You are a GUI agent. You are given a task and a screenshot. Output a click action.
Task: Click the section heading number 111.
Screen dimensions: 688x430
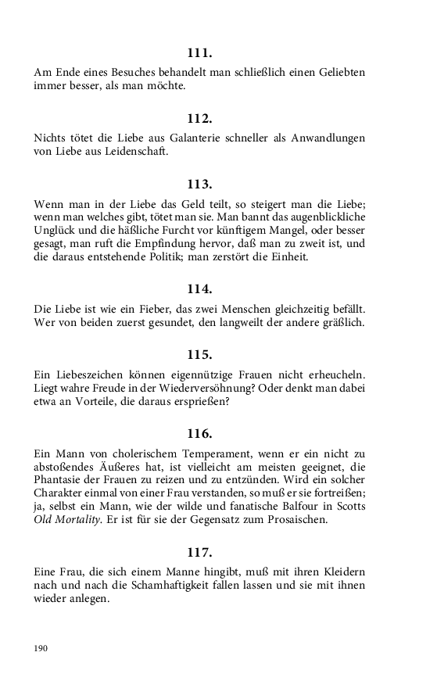pyautogui.click(x=200, y=53)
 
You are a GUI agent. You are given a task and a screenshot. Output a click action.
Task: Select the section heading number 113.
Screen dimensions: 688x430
pyautogui.click(x=200, y=185)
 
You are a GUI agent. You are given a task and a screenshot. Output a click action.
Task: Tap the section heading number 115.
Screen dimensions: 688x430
pyautogui.click(x=200, y=353)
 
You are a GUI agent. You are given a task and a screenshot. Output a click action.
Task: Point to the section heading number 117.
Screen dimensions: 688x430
pyautogui.click(x=200, y=552)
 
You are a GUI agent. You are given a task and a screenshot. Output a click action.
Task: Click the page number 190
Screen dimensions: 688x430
pyautogui.click(x=41, y=648)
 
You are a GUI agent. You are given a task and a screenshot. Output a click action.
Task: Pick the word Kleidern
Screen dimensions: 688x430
pyautogui.click(x=337, y=572)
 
